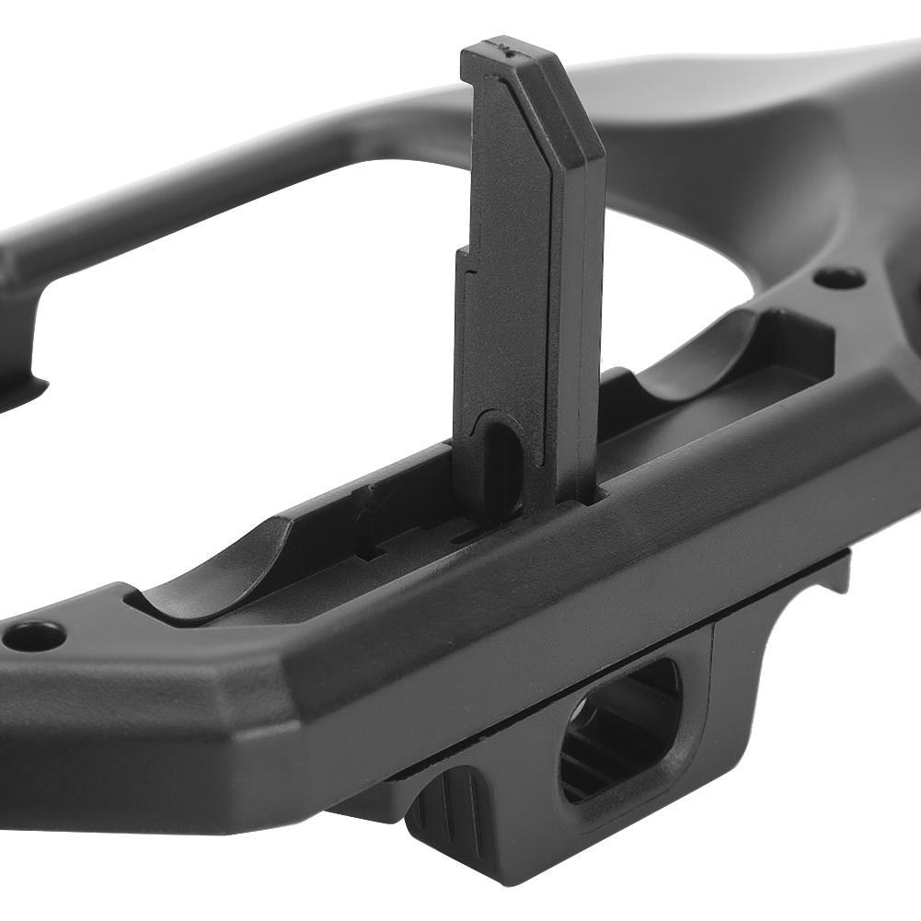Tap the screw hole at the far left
click(34, 636)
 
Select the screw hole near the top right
click(839, 277)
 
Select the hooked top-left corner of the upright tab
click(474, 78)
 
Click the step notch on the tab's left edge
click(466, 267)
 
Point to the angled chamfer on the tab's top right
click(580, 101)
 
